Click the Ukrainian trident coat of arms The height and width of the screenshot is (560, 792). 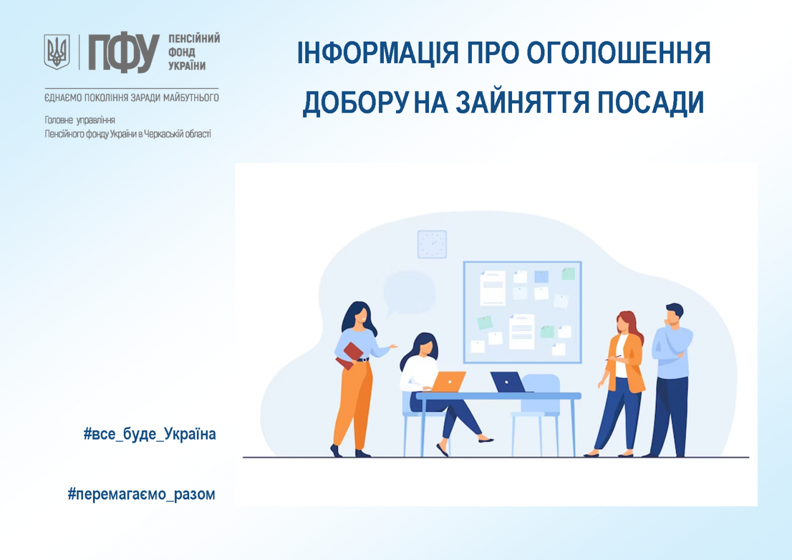coord(57,52)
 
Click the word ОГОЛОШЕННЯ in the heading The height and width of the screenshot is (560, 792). coord(619,53)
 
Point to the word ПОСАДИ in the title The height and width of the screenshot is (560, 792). coord(651,102)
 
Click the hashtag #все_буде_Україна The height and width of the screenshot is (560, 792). coord(150,435)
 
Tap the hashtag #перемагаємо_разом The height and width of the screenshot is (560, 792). coord(141,495)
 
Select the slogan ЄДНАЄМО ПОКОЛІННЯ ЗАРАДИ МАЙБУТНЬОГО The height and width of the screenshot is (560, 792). coord(131,97)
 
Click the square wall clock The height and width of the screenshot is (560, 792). coord(432,244)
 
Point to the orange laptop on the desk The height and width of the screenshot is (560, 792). coord(448,381)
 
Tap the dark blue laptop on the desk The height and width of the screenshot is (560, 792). coord(509,382)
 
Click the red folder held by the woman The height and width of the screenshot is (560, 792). coord(349,356)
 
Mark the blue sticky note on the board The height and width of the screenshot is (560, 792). coord(541,277)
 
